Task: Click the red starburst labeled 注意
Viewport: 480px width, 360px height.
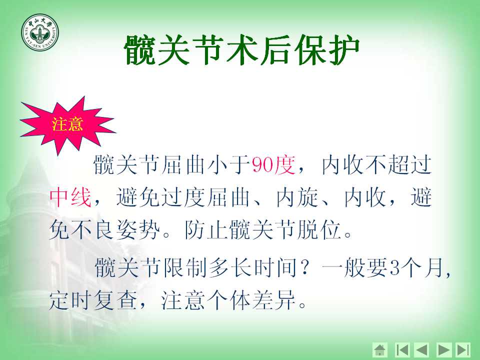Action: [67, 125]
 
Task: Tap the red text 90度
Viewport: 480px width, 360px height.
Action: [273, 165]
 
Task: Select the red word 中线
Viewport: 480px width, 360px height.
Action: [70, 198]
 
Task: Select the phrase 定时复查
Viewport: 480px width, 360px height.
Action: [92, 300]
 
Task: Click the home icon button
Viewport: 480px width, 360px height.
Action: [380, 349]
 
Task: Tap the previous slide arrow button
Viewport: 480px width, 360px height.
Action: [421, 349]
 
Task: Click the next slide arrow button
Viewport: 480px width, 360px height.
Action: [444, 349]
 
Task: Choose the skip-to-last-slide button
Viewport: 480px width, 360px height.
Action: [463, 349]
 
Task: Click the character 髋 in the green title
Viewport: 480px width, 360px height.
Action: [140, 50]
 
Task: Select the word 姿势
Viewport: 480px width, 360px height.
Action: [138, 230]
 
